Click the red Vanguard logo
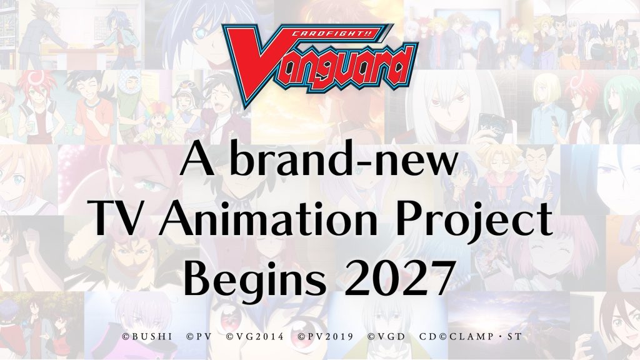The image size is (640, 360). (319, 65)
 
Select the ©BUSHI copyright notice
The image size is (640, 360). (147, 337)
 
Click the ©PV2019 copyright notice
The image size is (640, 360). (325, 337)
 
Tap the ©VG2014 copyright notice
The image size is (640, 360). (255, 337)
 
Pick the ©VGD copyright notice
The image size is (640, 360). (386, 337)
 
